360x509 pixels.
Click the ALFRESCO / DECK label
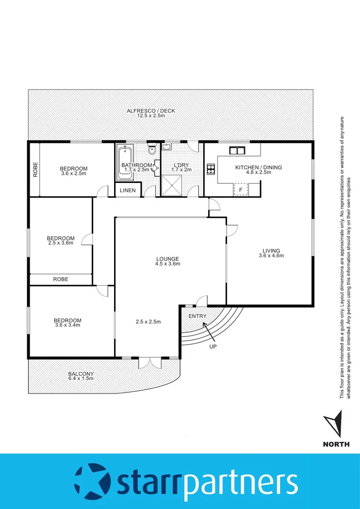tap(151, 111)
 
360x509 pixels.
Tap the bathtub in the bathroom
tap(125, 163)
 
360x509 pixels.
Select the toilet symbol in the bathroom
tap(151, 150)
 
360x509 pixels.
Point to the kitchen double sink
tap(237, 151)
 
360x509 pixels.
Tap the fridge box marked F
tap(241, 189)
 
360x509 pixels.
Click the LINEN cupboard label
tap(127, 191)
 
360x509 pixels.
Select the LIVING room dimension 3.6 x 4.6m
tap(271, 256)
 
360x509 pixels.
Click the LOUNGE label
tap(168, 259)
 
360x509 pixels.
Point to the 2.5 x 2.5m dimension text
tap(148, 322)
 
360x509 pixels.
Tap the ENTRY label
tap(197, 316)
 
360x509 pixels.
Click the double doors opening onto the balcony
tap(150, 363)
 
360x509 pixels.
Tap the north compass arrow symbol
tap(336, 425)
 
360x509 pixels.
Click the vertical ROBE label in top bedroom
tap(35, 170)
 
